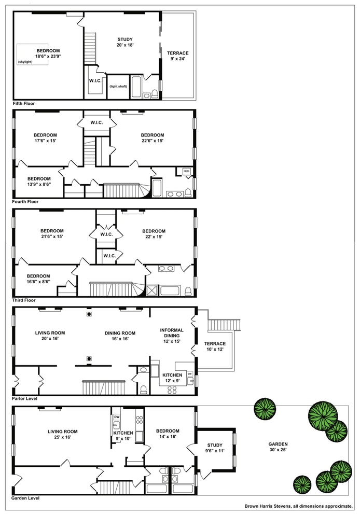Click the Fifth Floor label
coord(24,104)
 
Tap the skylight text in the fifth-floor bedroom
coord(25,62)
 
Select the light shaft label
coord(119,86)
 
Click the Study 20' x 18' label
coord(125,43)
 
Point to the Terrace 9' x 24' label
coord(177,56)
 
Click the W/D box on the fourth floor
coord(186,171)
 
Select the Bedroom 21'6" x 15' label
coord(52,234)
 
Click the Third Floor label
coord(24,300)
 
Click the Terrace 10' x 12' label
coord(215,346)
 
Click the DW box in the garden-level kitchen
coord(117,416)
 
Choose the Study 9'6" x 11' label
coord(215,448)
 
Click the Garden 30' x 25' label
coord(278,447)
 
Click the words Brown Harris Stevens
coord(270,506)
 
